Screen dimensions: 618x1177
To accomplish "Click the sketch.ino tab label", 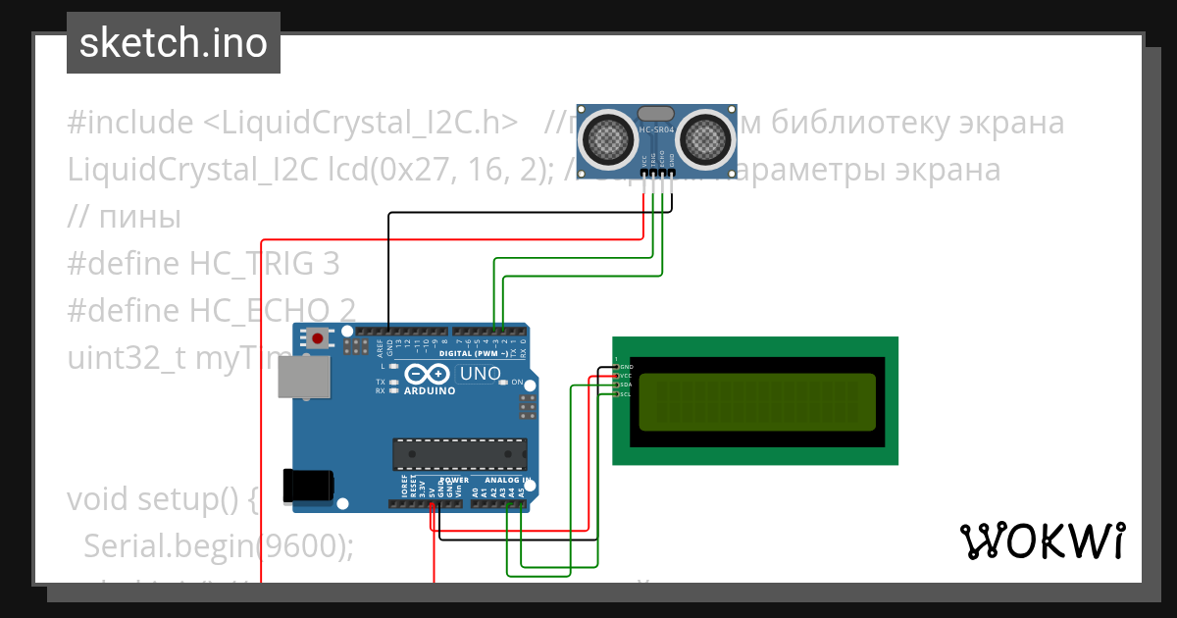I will [173, 43].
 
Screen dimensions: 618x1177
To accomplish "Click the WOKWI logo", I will [1042, 541].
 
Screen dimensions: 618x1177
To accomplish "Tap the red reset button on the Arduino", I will [318, 338].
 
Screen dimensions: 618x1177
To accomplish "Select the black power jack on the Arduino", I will [308, 485].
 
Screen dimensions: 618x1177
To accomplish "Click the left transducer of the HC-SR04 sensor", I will [609, 138].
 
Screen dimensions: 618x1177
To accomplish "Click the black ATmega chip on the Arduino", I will [459, 454].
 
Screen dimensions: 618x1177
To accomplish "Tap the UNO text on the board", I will [481, 374].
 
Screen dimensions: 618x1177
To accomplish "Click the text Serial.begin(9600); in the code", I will [218, 545].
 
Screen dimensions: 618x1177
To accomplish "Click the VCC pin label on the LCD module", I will [625, 376].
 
